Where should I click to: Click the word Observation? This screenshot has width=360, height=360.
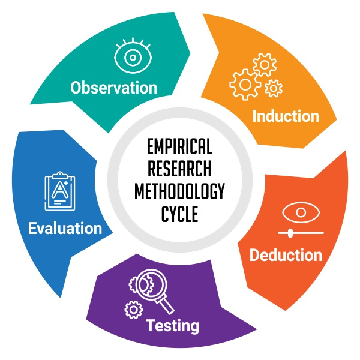click(113, 88)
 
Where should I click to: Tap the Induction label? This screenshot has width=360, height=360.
click(286, 116)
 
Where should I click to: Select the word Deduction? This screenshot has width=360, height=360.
click(286, 255)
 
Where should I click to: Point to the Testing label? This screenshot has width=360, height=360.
click(172, 326)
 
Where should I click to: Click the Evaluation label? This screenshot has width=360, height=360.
click(65, 228)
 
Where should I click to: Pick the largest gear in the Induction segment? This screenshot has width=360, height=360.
click(245, 85)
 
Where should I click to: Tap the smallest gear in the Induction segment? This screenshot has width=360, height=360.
click(274, 88)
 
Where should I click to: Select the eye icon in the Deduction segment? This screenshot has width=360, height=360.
click(301, 212)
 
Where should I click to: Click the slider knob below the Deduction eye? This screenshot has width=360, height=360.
click(290, 233)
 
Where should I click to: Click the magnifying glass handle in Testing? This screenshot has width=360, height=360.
click(165, 305)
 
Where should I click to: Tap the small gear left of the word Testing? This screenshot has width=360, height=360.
click(133, 310)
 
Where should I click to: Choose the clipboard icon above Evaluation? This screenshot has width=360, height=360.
click(60, 191)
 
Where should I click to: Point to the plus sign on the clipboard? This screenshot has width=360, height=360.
click(66, 183)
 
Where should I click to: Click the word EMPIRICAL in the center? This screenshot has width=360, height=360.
click(179, 147)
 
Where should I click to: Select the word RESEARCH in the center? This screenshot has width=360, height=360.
click(179, 169)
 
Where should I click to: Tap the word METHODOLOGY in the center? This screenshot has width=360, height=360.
click(179, 191)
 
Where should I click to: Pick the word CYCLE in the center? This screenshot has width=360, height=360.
click(179, 214)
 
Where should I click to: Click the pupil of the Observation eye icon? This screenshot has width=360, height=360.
click(133, 58)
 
